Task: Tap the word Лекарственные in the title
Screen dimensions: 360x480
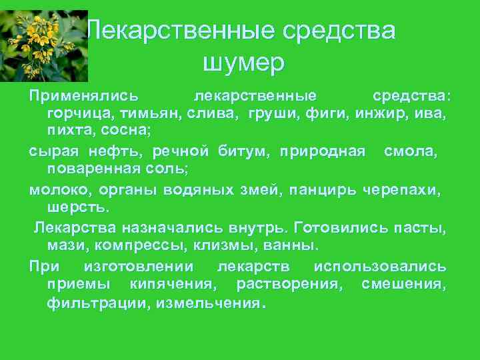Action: [x=180, y=31]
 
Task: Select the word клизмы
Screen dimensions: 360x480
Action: [x=222, y=246]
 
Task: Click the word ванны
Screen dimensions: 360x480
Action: [x=287, y=246]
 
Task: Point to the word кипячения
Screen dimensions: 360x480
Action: [x=174, y=285]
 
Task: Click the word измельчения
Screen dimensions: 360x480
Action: [x=207, y=304]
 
